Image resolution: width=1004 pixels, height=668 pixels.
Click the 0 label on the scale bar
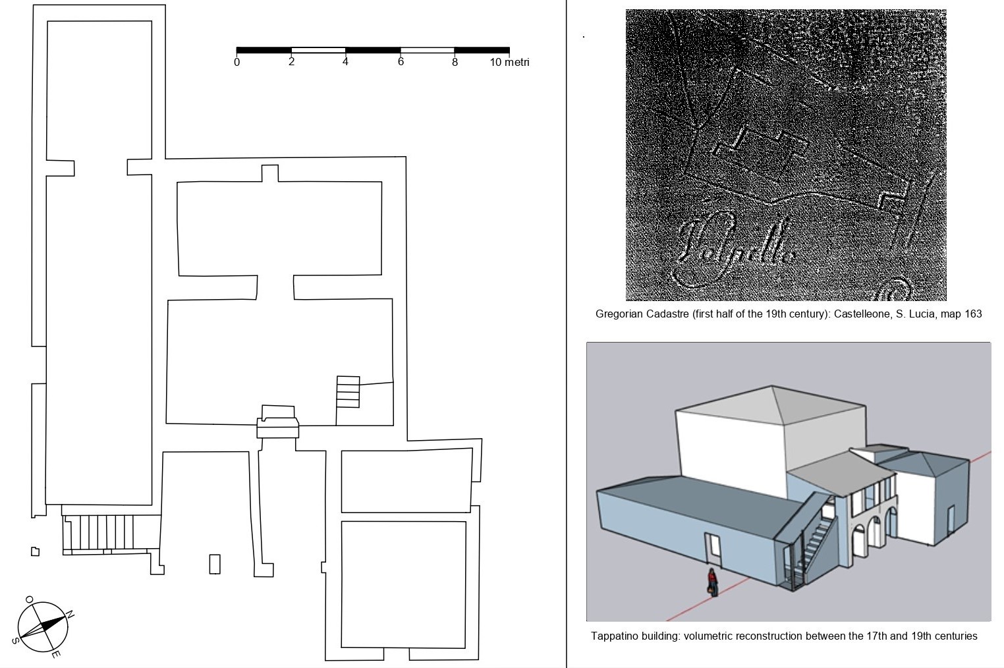pyautogui.click(x=237, y=63)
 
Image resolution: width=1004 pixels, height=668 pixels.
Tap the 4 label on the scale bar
pyautogui.click(x=345, y=62)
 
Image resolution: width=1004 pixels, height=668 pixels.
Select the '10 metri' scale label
pyautogui.click(x=509, y=63)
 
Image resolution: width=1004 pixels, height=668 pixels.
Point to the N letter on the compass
pyautogui.click(x=70, y=615)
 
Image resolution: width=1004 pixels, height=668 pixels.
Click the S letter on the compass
pyautogui.click(x=14, y=640)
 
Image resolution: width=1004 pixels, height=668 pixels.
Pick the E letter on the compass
pyautogui.click(x=56, y=654)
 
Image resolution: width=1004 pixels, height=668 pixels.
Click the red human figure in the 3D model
pyautogui.click(x=711, y=582)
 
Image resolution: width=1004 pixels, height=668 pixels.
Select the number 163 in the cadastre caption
pyautogui.click(x=973, y=314)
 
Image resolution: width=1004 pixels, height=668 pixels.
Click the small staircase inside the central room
pyautogui.click(x=348, y=392)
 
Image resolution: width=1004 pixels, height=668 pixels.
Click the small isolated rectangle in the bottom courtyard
pyautogui.click(x=215, y=564)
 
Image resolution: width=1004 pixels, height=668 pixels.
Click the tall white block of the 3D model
pyautogui.click(x=731, y=448)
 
